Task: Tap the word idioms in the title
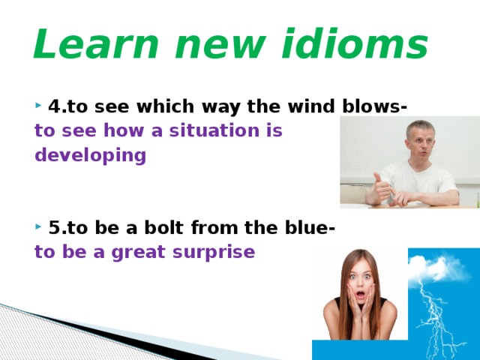[x=355, y=43]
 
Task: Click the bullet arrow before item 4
[x=38, y=106]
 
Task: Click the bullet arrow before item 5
[x=38, y=226]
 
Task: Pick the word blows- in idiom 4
[x=375, y=106]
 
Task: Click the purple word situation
[x=214, y=130]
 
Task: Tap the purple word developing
[x=91, y=155]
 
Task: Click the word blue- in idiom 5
[x=310, y=227]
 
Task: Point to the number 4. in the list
[x=58, y=106]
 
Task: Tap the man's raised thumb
[x=378, y=179]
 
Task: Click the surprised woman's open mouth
[x=361, y=295]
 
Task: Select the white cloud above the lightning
[x=438, y=268]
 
